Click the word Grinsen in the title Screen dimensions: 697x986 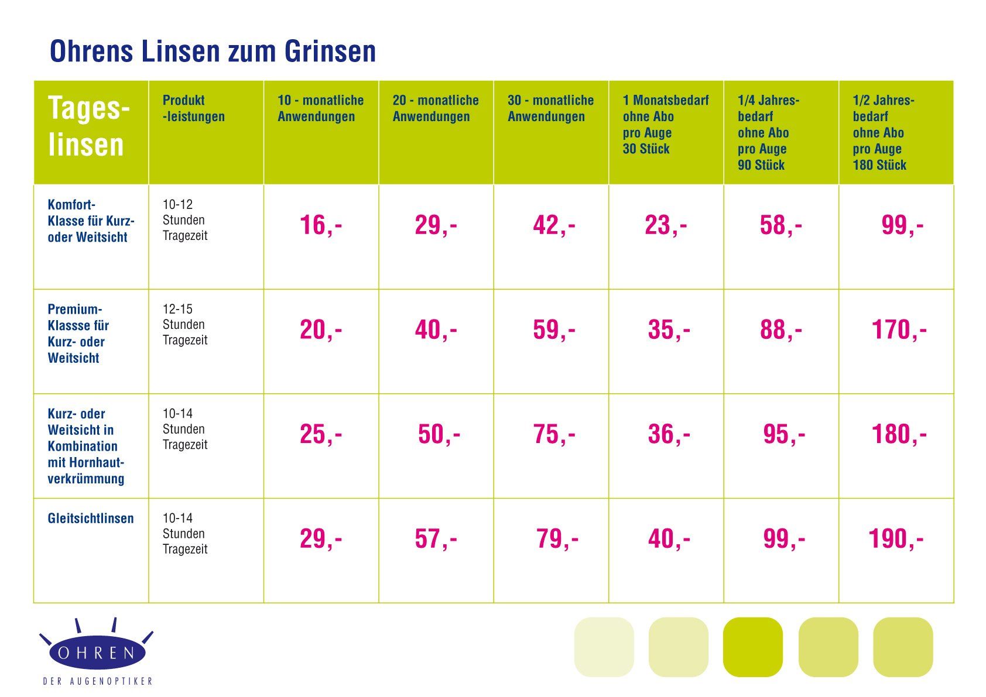(x=330, y=51)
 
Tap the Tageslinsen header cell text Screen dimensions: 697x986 (x=88, y=126)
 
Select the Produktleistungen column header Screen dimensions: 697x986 (x=193, y=108)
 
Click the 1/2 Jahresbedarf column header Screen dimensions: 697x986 (x=883, y=132)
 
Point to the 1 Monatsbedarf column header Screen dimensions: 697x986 (x=665, y=124)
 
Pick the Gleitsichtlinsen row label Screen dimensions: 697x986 (x=91, y=519)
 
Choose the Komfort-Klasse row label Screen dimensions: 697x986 (x=91, y=221)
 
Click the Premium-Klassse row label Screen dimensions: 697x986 (x=78, y=334)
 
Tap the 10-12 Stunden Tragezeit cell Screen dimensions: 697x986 (x=184, y=220)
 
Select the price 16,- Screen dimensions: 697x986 (x=320, y=225)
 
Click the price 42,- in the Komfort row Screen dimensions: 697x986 (x=553, y=225)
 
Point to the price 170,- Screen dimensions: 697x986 (x=899, y=330)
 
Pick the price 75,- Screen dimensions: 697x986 (x=553, y=435)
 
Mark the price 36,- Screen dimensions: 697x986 (x=668, y=435)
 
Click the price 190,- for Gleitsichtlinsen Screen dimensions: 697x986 (x=895, y=539)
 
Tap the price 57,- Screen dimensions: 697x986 (x=436, y=539)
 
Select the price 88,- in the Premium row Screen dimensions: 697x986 (x=780, y=330)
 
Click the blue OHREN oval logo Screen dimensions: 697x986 (x=97, y=653)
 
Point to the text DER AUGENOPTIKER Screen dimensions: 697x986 (x=98, y=681)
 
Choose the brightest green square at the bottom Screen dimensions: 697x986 (x=752, y=647)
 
